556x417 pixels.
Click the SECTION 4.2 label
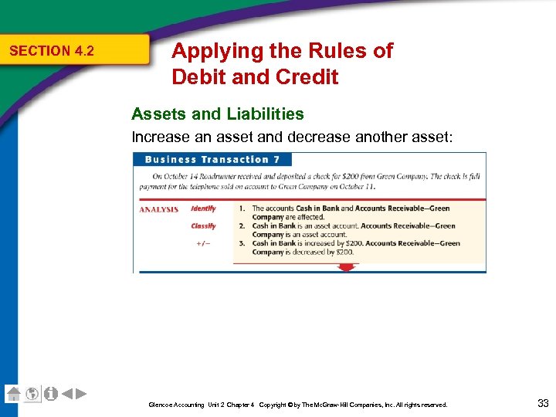51,51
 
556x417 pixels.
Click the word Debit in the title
199,77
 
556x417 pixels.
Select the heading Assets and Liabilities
218,114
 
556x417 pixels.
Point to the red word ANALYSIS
159,208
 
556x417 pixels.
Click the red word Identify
204,208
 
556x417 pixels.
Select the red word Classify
204,226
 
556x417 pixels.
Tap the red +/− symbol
202,243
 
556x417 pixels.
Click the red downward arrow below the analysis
347,267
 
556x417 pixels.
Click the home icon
13,393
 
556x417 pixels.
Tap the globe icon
32,394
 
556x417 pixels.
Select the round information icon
50,394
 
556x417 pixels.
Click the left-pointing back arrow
67,394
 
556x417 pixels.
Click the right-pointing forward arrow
81,394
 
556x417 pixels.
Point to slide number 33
542,402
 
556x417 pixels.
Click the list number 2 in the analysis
242,226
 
